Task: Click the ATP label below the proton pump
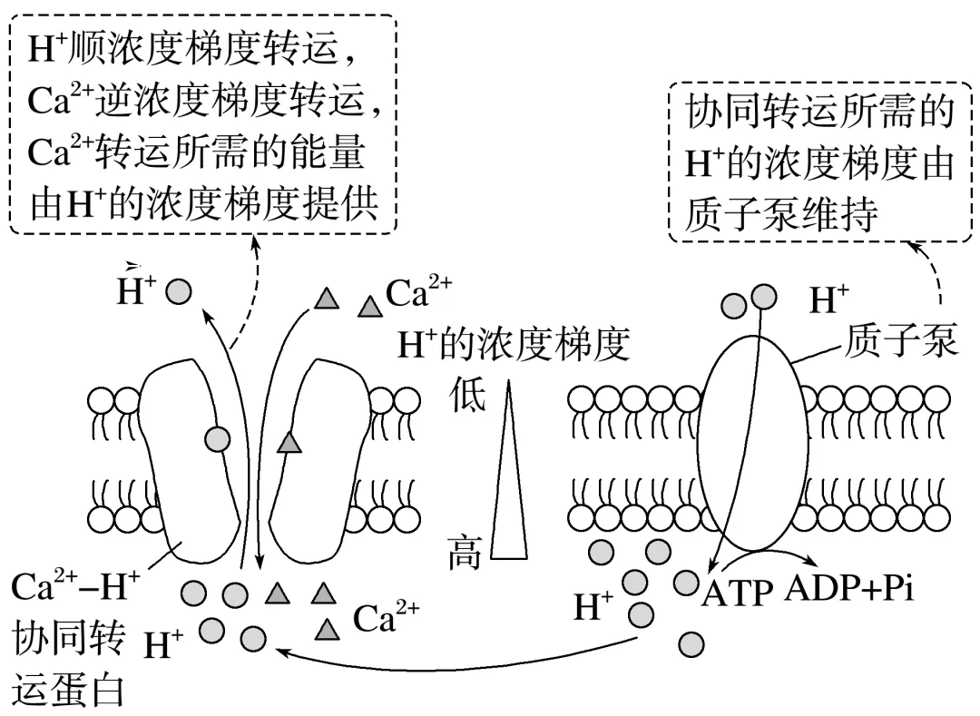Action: click(737, 593)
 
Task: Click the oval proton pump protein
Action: click(752, 454)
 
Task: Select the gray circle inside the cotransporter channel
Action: click(216, 440)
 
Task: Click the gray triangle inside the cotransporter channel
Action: click(289, 442)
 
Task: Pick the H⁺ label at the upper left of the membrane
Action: click(137, 289)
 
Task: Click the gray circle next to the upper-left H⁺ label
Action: click(181, 290)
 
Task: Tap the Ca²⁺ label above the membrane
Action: click(418, 293)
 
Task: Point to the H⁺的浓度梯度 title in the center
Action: click(514, 346)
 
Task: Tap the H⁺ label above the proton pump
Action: click(829, 299)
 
